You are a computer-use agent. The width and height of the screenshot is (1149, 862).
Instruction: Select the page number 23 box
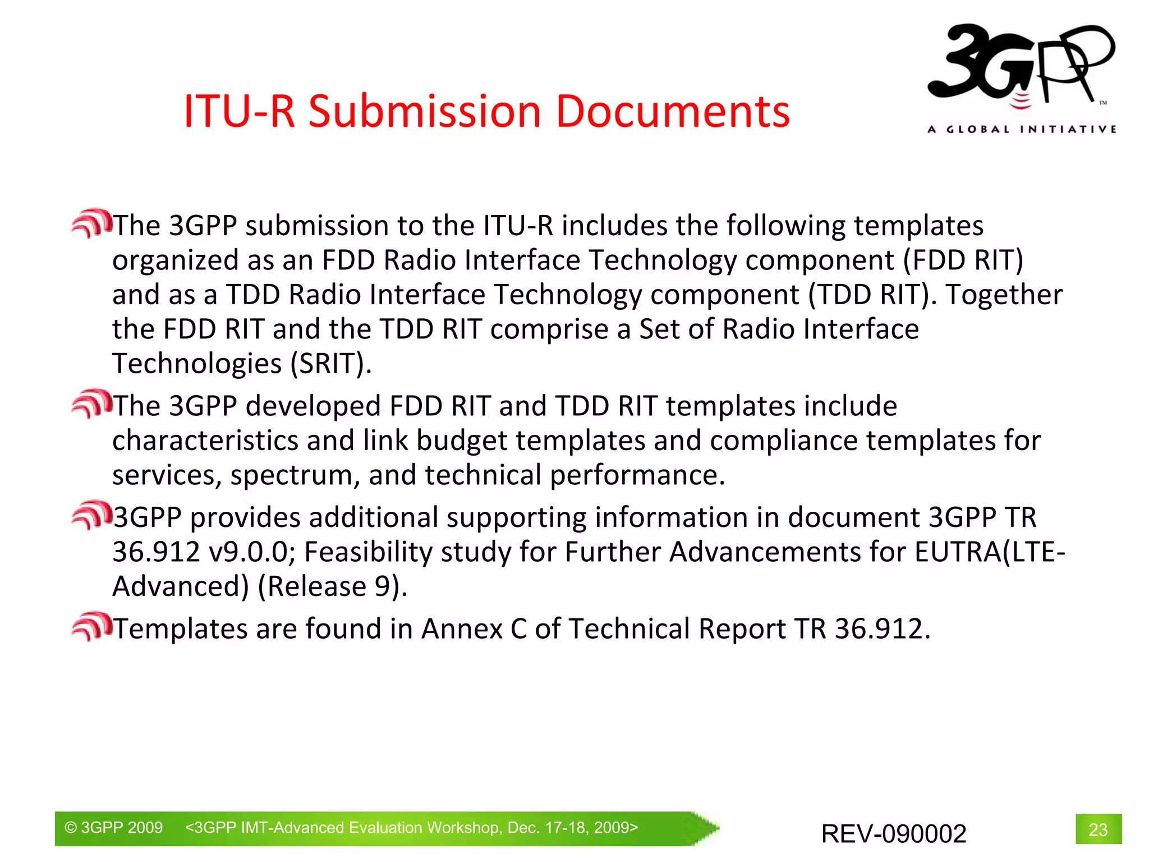(x=1098, y=829)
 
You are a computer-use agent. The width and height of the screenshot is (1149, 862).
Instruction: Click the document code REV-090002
(x=893, y=833)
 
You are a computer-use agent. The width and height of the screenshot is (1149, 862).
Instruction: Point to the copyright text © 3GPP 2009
(x=114, y=828)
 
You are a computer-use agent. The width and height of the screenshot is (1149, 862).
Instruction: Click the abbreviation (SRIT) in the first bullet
(x=331, y=364)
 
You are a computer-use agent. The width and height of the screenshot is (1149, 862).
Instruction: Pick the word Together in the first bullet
(x=1004, y=295)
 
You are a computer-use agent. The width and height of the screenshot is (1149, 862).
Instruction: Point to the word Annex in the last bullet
(x=462, y=629)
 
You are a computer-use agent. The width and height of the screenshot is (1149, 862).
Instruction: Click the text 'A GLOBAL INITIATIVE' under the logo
(x=1022, y=130)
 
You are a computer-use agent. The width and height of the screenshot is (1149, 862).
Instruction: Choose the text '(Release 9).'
(x=332, y=587)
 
